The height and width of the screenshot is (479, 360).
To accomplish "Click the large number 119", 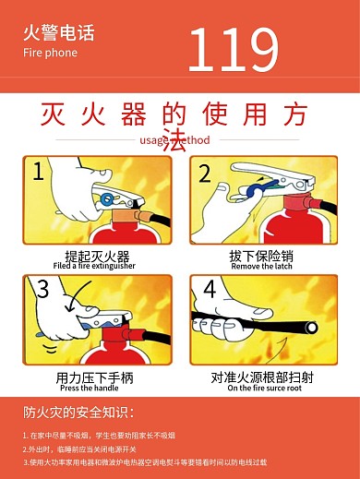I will point(233,49).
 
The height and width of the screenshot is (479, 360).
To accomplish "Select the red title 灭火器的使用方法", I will point(180,115).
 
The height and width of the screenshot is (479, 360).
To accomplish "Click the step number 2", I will point(205,172).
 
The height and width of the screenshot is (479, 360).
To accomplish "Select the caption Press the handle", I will point(95,388).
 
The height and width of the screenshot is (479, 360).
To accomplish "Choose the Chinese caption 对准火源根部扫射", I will point(264,377).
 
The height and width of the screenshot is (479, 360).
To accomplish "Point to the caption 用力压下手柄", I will point(95,377).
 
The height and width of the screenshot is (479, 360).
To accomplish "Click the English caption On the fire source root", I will point(264,388).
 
